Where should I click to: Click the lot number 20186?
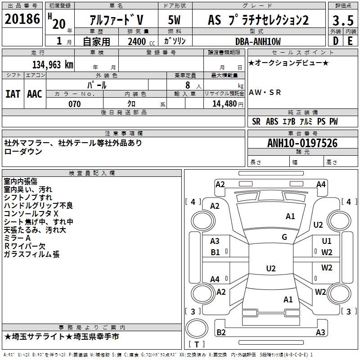click(x=22, y=19)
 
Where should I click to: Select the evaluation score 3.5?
click(x=343, y=21)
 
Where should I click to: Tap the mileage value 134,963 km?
click(x=53, y=64)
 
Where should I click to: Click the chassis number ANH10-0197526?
click(x=302, y=144)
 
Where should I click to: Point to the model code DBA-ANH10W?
click(x=258, y=41)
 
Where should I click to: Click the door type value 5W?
click(x=175, y=20)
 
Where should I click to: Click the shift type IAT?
click(x=13, y=94)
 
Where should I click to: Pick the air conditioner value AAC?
click(x=34, y=94)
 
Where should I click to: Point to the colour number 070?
click(x=74, y=104)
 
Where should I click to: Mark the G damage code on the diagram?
click(x=284, y=237)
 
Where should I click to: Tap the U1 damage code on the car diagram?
click(x=327, y=241)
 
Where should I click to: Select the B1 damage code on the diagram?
click(x=216, y=252)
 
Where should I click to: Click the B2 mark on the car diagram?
click(x=221, y=333)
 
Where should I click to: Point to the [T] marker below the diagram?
click(x=197, y=345)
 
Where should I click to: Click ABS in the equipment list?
click(x=272, y=121)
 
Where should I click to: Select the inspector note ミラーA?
click(x=17, y=238)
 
